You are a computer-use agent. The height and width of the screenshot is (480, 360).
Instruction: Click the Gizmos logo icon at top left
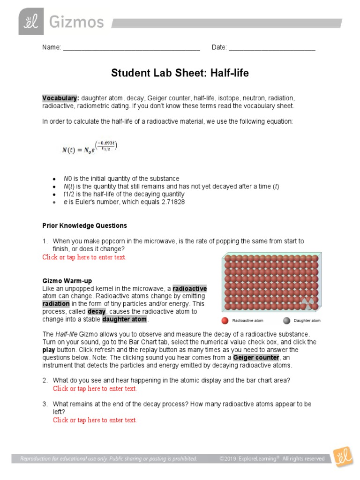click(x=31, y=21)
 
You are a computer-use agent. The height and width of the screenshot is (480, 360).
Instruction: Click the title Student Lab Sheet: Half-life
click(x=180, y=73)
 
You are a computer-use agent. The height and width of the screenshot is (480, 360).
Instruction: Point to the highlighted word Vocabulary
click(x=60, y=98)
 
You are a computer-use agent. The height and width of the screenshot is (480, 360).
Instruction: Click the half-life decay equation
click(x=89, y=149)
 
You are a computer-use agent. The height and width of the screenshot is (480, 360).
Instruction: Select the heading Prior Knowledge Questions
click(x=84, y=225)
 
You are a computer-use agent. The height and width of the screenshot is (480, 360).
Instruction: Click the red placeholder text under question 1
click(x=84, y=257)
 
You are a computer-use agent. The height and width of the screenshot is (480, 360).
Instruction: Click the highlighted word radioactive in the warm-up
click(x=189, y=288)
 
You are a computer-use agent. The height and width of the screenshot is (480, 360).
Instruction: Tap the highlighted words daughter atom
click(x=125, y=319)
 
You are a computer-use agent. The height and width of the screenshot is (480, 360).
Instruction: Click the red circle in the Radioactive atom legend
click(x=225, y=321)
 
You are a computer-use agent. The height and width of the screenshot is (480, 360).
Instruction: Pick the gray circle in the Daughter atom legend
click(x=286, y=321)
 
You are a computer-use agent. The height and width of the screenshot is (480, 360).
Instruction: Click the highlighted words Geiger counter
click(x=256, y=358)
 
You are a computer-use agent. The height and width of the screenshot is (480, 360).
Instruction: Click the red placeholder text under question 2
click(x=95, y=389)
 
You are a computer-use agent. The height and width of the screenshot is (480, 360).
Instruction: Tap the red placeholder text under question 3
click(x=95, y=420)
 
